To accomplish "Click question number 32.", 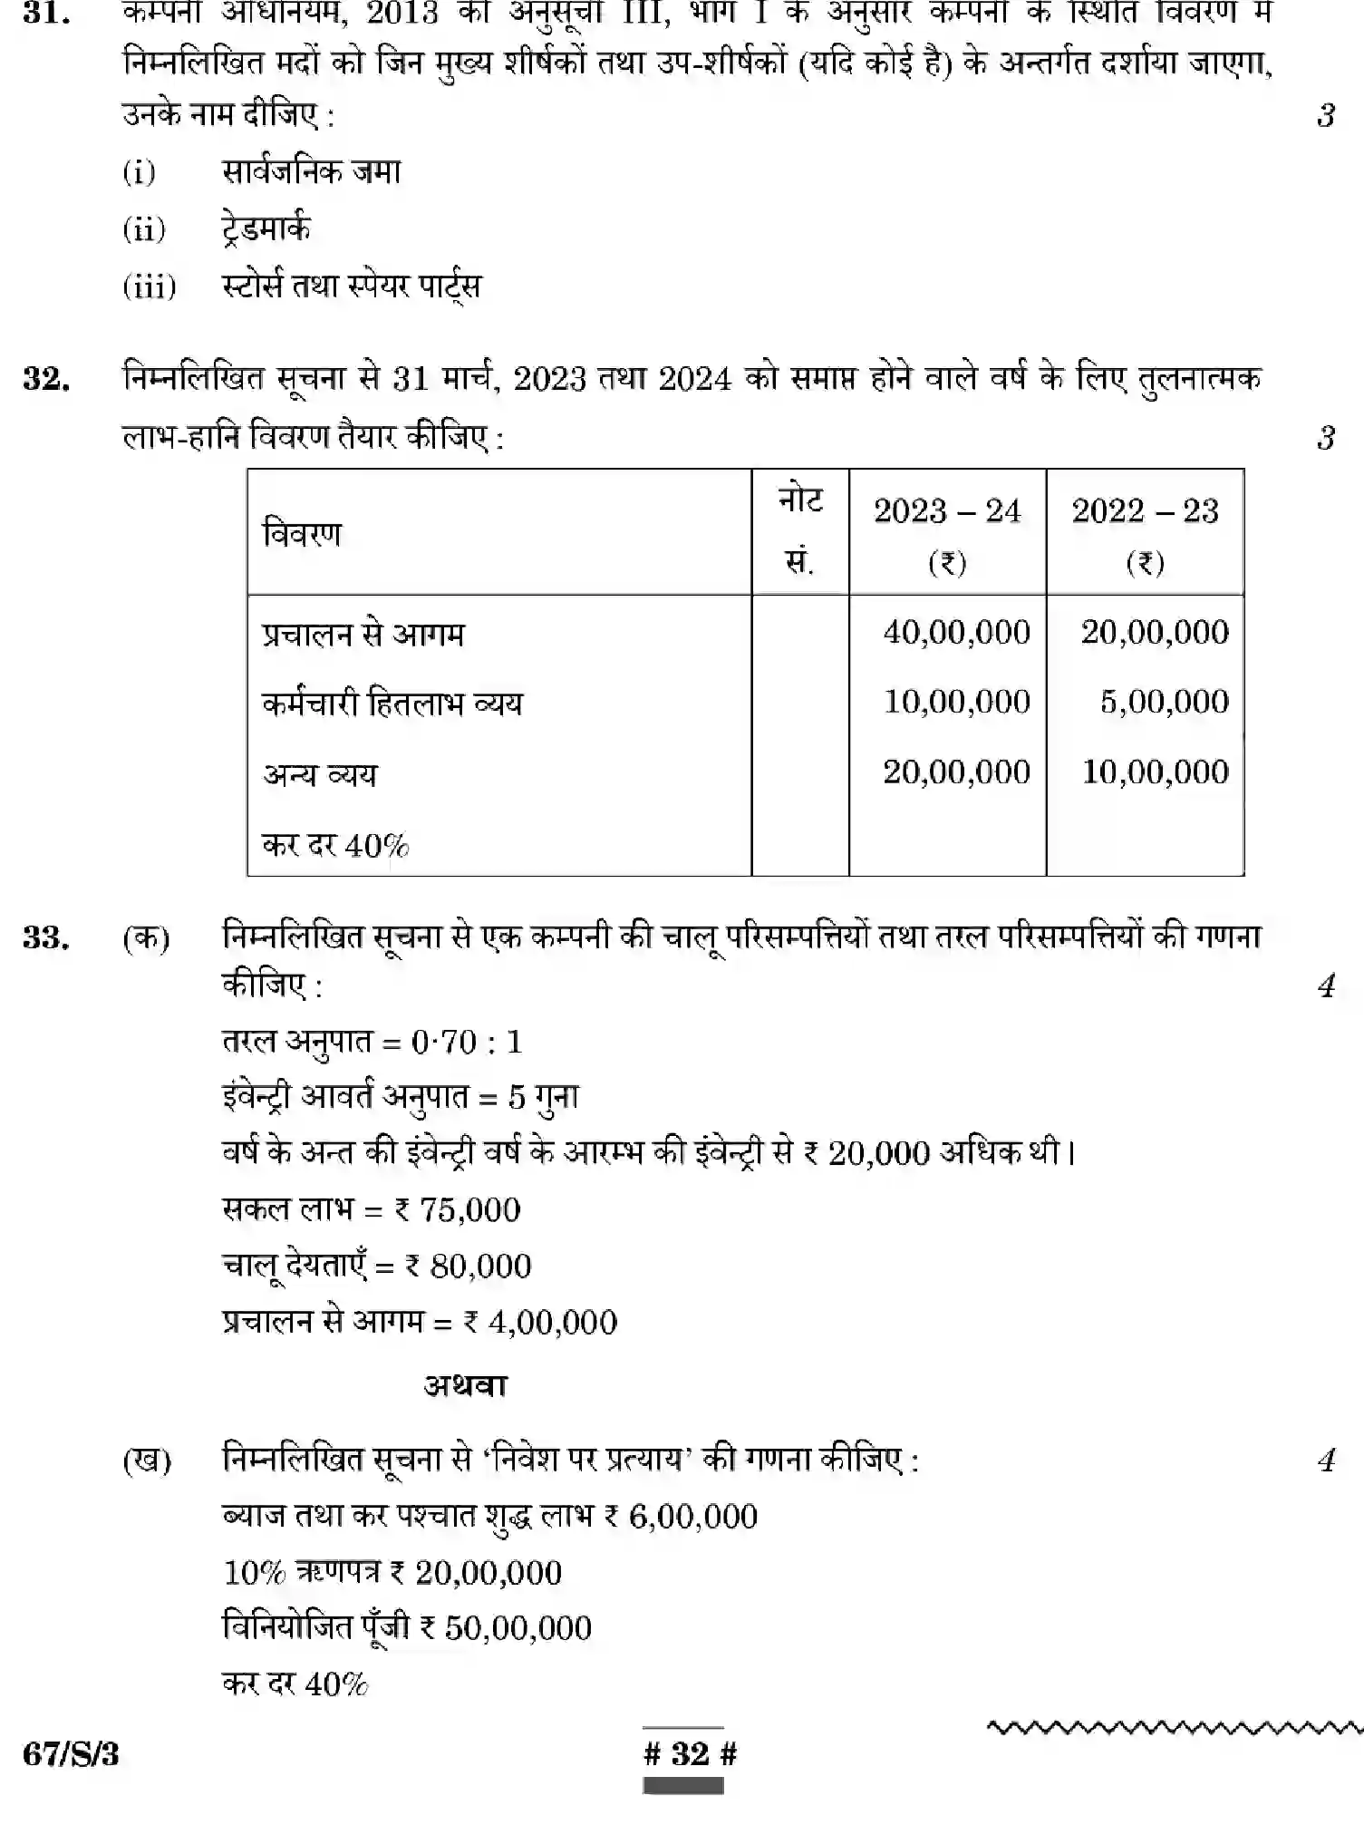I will [x=46, y=379].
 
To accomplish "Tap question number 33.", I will [x=46, y=937].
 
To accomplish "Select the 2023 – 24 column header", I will [x=947, y=533].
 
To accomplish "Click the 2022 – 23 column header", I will [x=1145, y=533].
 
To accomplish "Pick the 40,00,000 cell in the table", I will [x=956, y=632].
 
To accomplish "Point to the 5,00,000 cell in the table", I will [x=1164, y=702].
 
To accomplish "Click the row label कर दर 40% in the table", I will [x=335, y=846].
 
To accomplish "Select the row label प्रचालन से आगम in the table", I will [x=363, y=634].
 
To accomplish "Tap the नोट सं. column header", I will [x=799, y=531].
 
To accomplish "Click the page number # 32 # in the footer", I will [x=690, y=1753].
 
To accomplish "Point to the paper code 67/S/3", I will [x=71, y=1754].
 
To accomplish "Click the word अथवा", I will [x=466, y=1385].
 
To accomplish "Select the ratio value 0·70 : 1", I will [x=467, y=1042].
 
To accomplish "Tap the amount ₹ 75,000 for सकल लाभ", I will [x=458, y=1209].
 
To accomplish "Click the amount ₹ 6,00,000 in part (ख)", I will [x=680, y=1516].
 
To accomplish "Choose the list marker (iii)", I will [x=149, y=286].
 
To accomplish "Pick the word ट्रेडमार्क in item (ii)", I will [x=266, y=228].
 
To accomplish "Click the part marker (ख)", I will [x=147, y=1461].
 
